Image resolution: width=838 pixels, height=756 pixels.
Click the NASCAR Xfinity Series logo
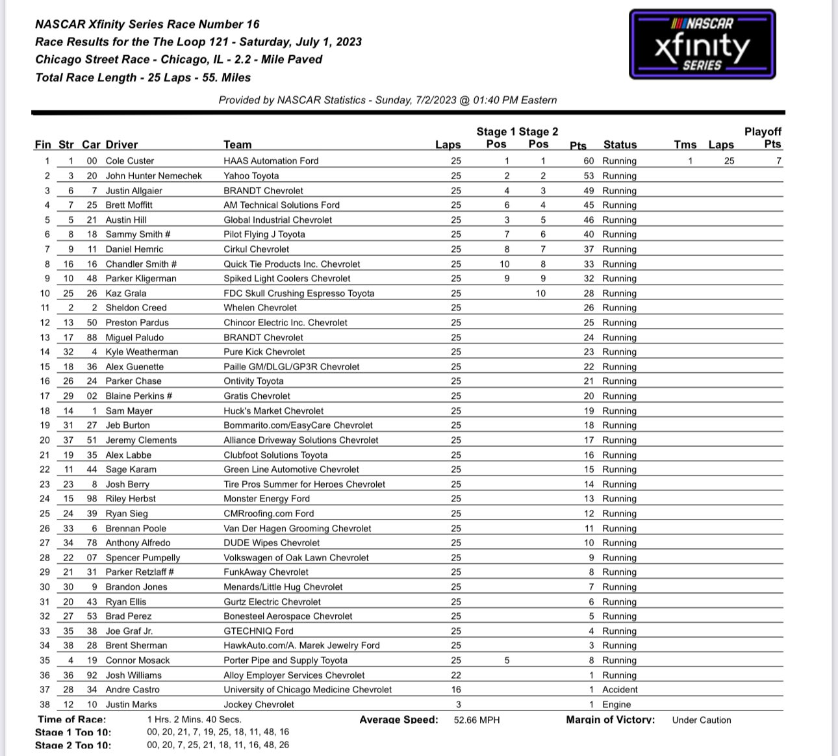[x=702, y=44]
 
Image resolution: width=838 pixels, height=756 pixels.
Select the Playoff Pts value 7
[x=778, y=160]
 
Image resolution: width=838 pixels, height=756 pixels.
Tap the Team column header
[x=238, y=145]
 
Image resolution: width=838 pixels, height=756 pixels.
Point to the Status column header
[x=620, y=145]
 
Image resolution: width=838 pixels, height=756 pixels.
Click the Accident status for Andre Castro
[x=620, y=689]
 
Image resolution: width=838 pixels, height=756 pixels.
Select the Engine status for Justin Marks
[x=616, y=704]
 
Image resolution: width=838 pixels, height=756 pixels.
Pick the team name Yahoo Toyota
[x=251, y=175]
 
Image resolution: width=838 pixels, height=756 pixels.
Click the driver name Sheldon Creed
[x=136, y=308]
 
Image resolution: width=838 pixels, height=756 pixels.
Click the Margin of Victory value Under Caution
[x=702, y=720]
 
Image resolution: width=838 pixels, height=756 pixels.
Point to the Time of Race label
[x=72, y=720]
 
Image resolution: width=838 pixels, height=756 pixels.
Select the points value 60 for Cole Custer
[x=589, y=160]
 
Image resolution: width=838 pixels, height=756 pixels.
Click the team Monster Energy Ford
[x=267, y=499]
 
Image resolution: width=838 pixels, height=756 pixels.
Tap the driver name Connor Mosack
[x=138, y=660]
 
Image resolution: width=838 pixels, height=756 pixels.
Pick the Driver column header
[x=121, y=145]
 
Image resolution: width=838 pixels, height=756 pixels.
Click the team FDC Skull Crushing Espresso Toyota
[x=299, y=293]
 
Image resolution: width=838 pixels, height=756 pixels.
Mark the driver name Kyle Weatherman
[x=142, y=351]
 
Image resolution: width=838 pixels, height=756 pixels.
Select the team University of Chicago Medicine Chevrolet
[x=308, y=689]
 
